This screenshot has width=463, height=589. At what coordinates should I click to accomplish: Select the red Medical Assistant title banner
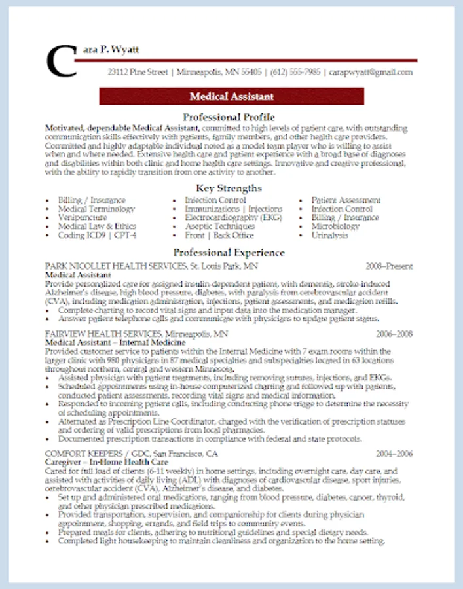tap(231, 96)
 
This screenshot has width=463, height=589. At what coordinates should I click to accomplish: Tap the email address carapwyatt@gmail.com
tap(371, 72)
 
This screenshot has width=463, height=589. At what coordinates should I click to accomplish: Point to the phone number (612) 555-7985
tap(295, 72)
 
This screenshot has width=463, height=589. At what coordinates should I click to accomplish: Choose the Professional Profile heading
tap(229, 117)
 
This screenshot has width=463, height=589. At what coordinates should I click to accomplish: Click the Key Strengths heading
tap(229, 188)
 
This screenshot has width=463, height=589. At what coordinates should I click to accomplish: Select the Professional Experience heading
tap(229, 252)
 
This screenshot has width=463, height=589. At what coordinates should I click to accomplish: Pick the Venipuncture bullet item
tap(83, 217)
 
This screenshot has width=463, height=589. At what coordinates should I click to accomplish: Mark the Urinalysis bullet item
tap(330, 235)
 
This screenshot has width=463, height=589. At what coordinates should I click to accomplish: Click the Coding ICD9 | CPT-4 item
tap(97, 235)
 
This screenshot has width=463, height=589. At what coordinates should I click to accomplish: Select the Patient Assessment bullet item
tap(346, 200)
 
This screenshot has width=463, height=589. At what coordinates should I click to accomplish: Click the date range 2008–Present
tap(389, 266)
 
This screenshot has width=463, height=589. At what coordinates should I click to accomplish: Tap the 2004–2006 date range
tap(394, 454)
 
